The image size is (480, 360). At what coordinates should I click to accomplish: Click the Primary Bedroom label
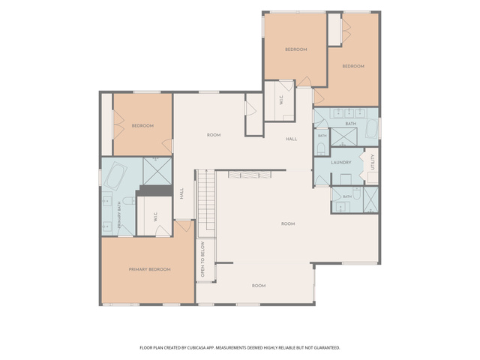click(149, 269)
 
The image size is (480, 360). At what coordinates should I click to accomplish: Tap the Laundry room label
click(341, 163)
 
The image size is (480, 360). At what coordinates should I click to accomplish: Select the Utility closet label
click(373, 162)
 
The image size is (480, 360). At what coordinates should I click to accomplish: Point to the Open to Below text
click(202, 259)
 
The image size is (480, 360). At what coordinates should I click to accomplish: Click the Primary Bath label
click(119, 214)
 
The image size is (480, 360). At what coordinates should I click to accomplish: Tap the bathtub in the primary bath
click(115, 176)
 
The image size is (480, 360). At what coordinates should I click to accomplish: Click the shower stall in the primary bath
click(157, 171)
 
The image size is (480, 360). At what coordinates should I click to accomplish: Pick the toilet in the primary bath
click(129, 201)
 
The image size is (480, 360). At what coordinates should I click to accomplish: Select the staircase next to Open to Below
click(207, 203)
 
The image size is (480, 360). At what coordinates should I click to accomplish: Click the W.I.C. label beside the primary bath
click(155, 217)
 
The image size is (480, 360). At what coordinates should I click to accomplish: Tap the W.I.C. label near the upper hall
click(281, 100)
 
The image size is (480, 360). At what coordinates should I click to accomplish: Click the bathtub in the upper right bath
click(372, 128)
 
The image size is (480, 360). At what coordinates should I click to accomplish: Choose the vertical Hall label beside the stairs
click(181, 193)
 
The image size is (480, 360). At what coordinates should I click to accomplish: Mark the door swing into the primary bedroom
click(184, 226)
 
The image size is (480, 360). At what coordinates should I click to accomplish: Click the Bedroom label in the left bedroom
click(142, 126)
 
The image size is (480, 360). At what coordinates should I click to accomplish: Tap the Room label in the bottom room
click(259, 286)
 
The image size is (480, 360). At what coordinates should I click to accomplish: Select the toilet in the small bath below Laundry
click(357, 193)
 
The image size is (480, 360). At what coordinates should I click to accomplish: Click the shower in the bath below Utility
click(370, 199)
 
